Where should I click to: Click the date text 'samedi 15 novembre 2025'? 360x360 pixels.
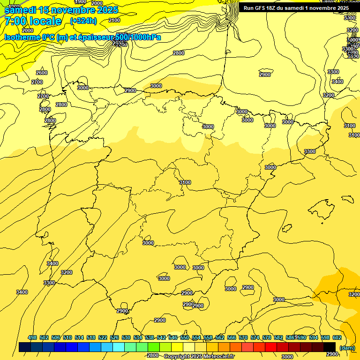61,10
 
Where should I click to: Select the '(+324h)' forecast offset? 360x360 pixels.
83,21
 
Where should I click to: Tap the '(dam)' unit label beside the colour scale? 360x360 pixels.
347,347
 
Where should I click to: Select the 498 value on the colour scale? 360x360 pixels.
32,337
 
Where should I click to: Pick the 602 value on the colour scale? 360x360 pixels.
337,337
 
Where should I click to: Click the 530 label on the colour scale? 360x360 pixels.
126,337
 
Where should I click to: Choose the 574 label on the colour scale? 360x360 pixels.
255,337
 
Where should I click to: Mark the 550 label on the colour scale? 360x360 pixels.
185,337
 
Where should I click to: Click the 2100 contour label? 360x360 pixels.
114,20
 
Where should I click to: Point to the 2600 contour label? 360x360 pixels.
42,73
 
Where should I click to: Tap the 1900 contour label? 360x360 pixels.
81,2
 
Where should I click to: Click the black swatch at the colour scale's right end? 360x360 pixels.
330,347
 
